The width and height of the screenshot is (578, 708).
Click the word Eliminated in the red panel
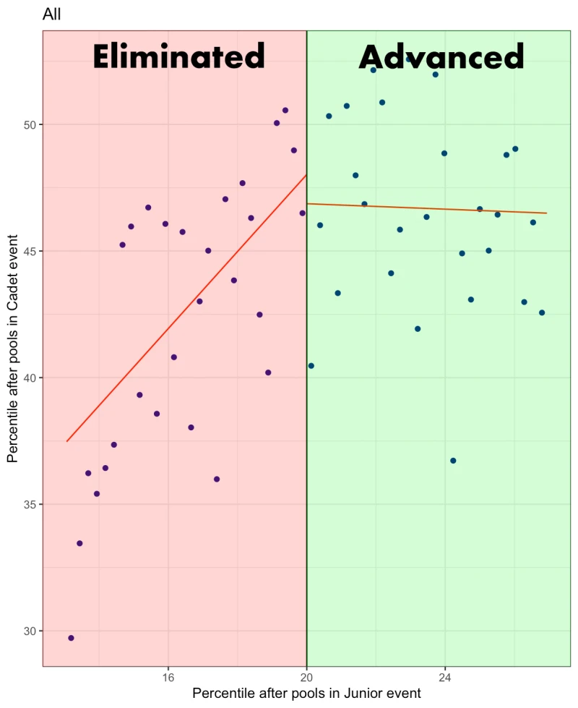pyautogui.click(x=178, y=56)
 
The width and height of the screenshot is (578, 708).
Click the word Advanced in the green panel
pyautogui.click(x=441, y=57)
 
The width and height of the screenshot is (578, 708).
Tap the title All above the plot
pyautogui.click(x=51, y=14)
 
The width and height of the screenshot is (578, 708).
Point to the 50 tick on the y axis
pyautogui.click(x=30, y=124)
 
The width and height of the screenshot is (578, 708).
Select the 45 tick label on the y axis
pyautogui.click(x=30, y=252)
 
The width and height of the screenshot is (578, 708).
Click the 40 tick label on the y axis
pyautogui.click(x=30, y=378)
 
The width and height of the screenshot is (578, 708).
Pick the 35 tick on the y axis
pyautogui.click(x=30, y=504)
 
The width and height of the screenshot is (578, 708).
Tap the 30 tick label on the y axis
pyautogui.click(x=30, y=631)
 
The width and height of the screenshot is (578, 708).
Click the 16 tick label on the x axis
pyautogui.click(x=168, y=678)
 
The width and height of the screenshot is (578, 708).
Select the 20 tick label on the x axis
pyautogui.click(x=307, y=678)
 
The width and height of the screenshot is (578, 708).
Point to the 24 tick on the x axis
pyautogui.click(x=445, y=678)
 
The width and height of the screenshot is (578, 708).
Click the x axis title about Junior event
pyautogui.click(x=307, y=693)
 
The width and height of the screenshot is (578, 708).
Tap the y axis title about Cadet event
pyautogui.click(x=12, y=349)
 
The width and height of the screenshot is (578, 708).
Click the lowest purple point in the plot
pyautogui.click(x=71, y=638)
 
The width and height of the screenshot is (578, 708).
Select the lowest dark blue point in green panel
pyautogui.click(x=454, y=461)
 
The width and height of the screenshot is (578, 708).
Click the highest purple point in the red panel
pyautogui.click(x=285, y=111)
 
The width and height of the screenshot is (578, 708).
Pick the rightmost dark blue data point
pyautogui.click(x=542, y=313)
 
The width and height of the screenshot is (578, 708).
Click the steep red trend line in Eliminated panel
pyautogui.click(x=187, y=308)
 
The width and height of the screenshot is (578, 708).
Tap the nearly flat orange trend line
pyautogui.click(x=427, y=208)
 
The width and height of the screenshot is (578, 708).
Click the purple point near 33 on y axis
pyautogui.click(x=79, y=543)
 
